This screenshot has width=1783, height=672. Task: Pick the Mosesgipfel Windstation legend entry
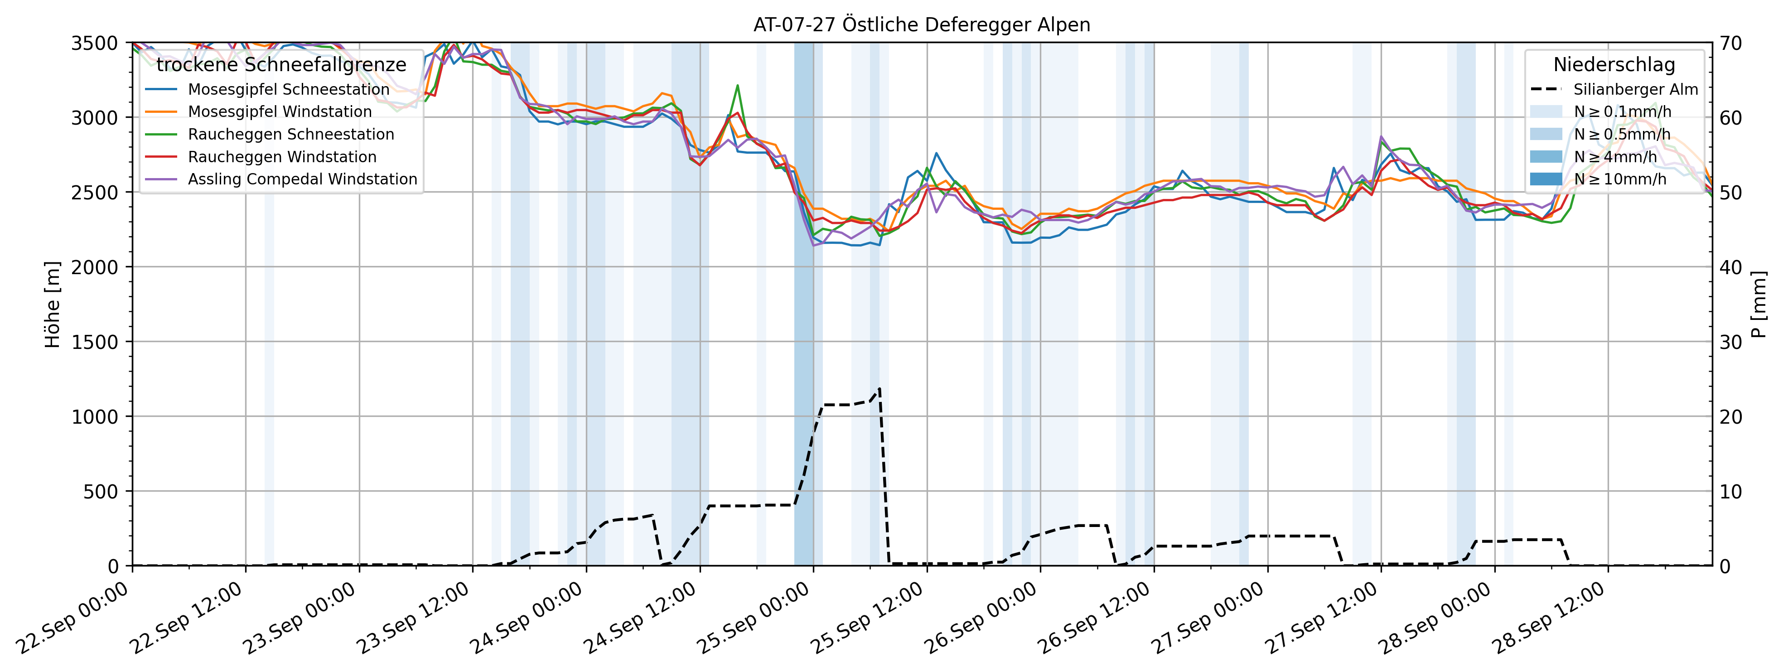pyautogui.click(x=280, y=111)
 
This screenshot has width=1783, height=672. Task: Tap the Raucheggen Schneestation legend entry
pyautogui.click(x=291, y=134)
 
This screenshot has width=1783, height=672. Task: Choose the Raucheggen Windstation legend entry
pyautogui.click(x=282, y=157)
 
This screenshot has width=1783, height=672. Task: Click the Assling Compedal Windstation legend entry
pyautogui.click(x=303, y=179)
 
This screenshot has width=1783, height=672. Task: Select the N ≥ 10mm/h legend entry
pyautogui.click(x=1619, y=179)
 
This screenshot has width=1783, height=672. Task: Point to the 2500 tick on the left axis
pyautogui.click(x=95, y=193)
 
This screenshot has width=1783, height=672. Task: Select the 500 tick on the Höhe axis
pyautogui.click(x=104, y=491)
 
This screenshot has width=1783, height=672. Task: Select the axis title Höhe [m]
pyautogui.click(x=53, y=305)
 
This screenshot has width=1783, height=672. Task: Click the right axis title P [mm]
pyautogui.click(x=1759, y=305)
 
